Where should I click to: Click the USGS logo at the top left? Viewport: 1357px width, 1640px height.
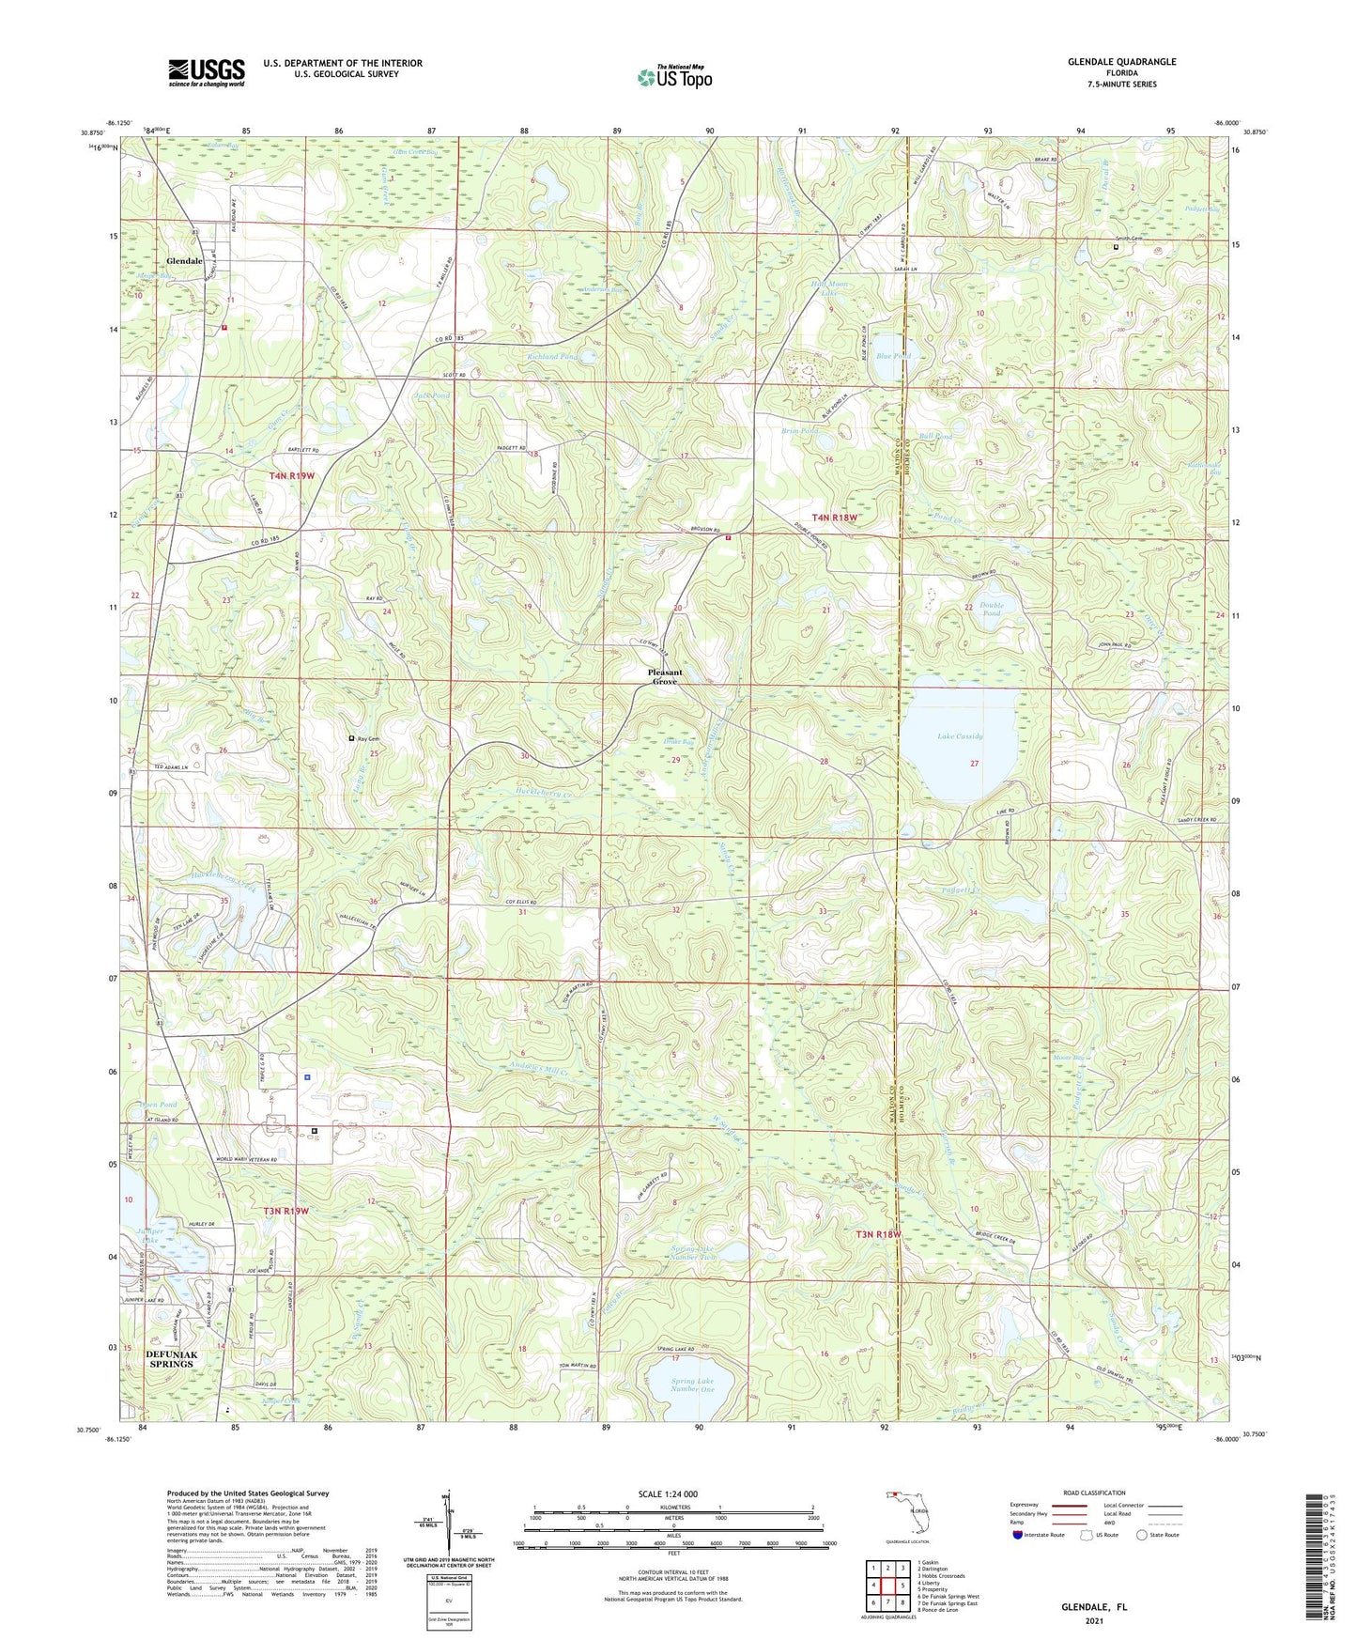207,72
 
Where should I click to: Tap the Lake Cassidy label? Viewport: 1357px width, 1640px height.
960,736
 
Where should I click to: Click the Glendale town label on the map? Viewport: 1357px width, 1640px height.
184,261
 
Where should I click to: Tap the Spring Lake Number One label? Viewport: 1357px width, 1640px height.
693,1385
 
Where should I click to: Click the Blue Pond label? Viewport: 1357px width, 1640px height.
893,356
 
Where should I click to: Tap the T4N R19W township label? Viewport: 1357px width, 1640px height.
292,476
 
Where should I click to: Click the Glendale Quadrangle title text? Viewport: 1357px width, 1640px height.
1121,62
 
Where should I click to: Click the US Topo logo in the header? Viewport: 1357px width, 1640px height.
674,77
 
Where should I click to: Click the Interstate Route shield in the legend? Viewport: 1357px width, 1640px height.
1020,1535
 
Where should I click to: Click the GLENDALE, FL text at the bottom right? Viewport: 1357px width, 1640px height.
1094,1607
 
